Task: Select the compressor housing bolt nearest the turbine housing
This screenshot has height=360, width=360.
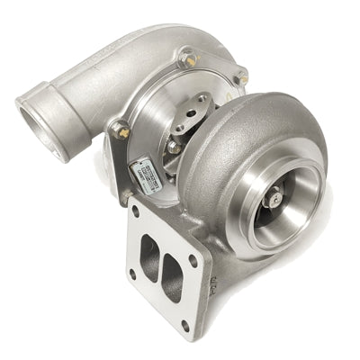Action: [240, 78]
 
